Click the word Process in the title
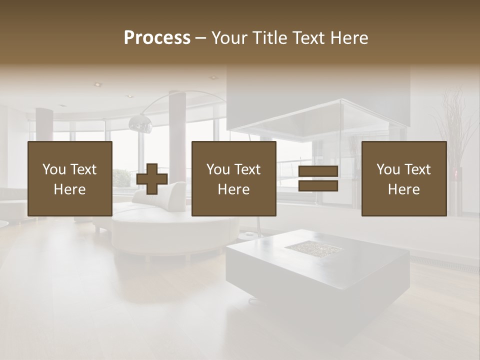[x=157, y=38]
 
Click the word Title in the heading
[x=269, y=38]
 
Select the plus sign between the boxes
[x=152, y=179]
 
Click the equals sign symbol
[x=318, y=179]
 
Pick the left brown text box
[x=69, y=179]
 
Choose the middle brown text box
[x=233, y=179]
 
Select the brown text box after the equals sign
[x=403, y=179]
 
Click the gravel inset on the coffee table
[x=313, y=246]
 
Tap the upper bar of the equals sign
[x=318, y=172]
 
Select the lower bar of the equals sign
[x=318, y=186]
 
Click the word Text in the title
[x=307, y=38]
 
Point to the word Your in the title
[x=228, y=38]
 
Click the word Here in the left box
[x=69, y=189]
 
